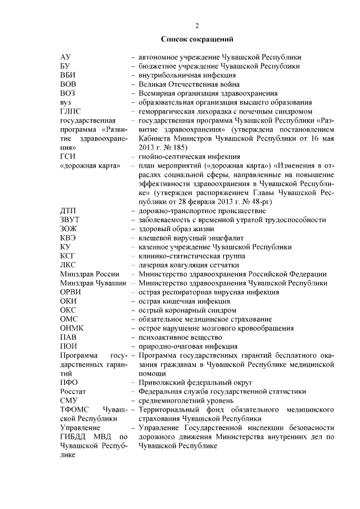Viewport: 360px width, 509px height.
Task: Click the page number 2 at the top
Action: pyautogui.click(x=197, y=26)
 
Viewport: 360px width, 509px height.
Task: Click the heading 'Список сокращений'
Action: pyautogui.click(x=196, y=39)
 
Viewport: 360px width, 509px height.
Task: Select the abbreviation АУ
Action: pyautogui.click(x=65, y=57)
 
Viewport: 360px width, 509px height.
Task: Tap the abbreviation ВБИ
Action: pyautogui.click(x=67, y=75)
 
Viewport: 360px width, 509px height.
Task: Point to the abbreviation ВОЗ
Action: pyautogui.click(x=67, y=93)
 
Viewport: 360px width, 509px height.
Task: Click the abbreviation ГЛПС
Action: pyautogui.click(x=70, y=111)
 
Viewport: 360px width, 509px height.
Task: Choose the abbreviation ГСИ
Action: pyautogui.click(x=67, y=156)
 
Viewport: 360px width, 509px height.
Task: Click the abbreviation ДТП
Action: pyautogui.click(x=68, y=210)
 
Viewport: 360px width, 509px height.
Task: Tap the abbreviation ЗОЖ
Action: pyautogui.click(x=68, y=229)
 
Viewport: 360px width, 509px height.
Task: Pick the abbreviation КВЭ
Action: pyautogui.click(x=68, y=238)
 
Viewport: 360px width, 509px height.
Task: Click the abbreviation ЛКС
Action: pyautogui.click(x=67, y=265)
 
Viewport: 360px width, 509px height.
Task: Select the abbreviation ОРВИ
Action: pyautogui.click(x=70, y=292)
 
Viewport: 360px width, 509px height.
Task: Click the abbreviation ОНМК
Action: pyautogui.click(x=71, y=328)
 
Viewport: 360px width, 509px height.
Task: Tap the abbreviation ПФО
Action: pyautogui.click(x=69, y=382)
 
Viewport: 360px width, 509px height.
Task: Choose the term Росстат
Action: pyautogui.click(x=73, y=391)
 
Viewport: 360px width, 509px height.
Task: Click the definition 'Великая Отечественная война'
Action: pyautogui.click(x=186, y=84)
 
